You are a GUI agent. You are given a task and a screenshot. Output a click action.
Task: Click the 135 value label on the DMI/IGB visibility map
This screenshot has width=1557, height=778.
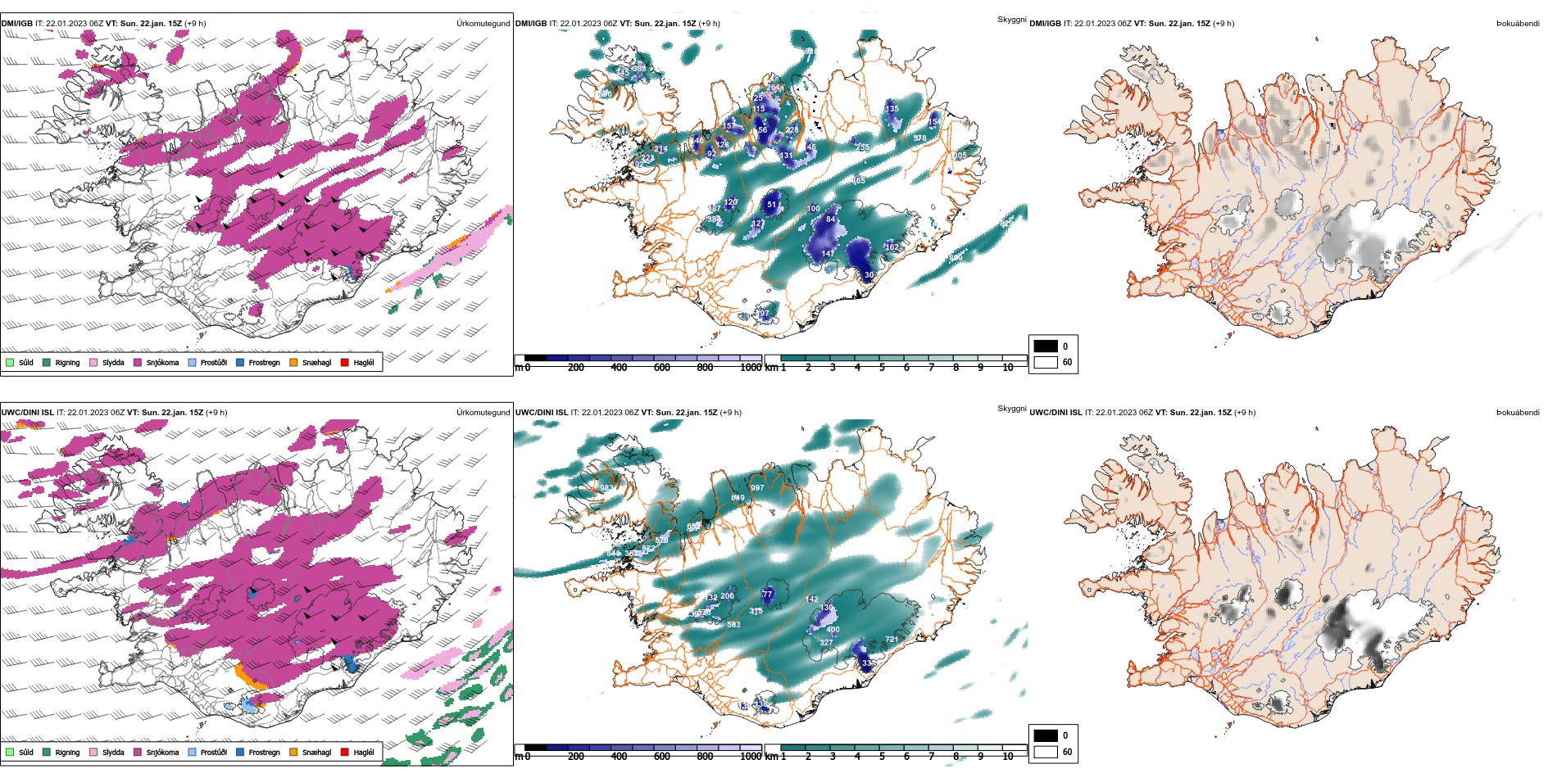[x=892, y=108]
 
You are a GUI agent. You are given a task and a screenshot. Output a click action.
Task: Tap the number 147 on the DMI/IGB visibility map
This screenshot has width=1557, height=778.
[x=828, y=254]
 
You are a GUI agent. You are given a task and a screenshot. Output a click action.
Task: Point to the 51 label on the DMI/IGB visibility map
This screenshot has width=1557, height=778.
[x=771, y=205]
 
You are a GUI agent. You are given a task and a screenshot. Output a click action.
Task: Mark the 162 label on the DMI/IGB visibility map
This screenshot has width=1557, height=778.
[x=892, y=247]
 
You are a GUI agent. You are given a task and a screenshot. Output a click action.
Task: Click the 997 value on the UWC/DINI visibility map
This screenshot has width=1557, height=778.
[x=757, y=487]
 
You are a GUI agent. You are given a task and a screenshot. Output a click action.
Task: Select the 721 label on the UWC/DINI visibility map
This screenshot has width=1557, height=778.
[x=892, y=640]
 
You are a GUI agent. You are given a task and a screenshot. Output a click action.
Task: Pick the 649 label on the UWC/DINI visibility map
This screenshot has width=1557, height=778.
[x=738, y=498]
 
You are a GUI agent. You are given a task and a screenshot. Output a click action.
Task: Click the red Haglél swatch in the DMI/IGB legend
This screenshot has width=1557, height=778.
[x=345, y=362]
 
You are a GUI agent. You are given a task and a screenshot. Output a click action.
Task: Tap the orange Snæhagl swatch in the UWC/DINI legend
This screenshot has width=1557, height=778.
[x=293, y=752]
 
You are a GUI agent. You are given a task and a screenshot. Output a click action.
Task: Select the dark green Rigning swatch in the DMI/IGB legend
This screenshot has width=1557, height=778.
[x=47, y=362]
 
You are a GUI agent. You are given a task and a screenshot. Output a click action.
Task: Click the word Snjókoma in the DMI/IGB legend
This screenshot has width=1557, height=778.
[x=162, y=363]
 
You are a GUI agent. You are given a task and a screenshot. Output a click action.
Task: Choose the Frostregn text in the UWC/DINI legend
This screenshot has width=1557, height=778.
[x=264, y=753]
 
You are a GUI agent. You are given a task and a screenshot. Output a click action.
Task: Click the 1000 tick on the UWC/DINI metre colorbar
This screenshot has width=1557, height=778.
[x=751, y=757]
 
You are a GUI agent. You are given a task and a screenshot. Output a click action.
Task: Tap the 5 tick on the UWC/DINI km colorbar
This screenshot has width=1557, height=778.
[x=882, y=757]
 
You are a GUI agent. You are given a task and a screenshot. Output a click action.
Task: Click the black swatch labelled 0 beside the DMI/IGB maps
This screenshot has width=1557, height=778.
[x=1046, y=346]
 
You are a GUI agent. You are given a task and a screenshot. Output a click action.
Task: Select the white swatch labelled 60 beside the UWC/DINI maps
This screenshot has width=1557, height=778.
[x=1046, y=752]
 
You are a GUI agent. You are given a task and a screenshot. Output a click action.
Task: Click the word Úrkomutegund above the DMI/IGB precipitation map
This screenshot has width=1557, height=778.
[x=483, y=24]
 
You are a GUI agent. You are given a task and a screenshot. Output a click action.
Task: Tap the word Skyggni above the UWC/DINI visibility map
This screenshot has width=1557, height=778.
[x=1011, y=408]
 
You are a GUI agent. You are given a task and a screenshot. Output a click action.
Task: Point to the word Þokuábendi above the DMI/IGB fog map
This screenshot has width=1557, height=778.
[x=1518, y=24]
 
